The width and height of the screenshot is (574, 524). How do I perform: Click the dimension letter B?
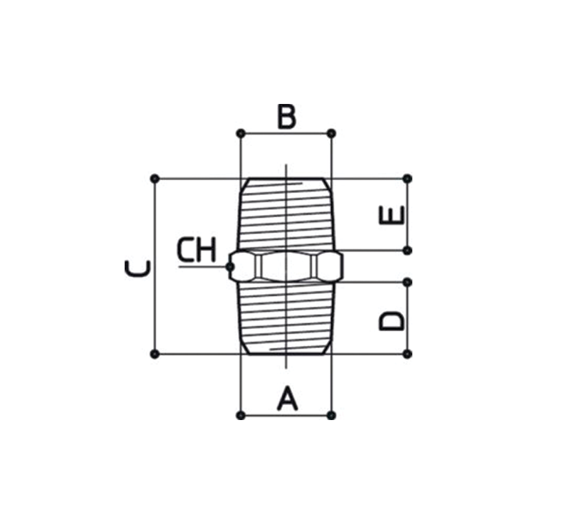click(286, 117)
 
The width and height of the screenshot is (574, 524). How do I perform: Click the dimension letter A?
click(288, 398)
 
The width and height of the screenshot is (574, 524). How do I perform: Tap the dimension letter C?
click(137, 268)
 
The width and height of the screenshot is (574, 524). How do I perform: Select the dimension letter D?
click(391, 321)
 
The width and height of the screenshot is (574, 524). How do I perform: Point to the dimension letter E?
click(391, 215)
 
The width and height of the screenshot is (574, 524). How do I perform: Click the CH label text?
click(197, 250)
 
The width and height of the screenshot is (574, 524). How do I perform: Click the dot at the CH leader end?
click(229, 267)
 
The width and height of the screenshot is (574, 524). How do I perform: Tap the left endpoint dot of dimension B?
click(241, 134)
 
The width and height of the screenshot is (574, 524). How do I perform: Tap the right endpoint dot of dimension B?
click(331, 134)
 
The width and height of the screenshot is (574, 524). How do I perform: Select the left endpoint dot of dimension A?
click(241, 415)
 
